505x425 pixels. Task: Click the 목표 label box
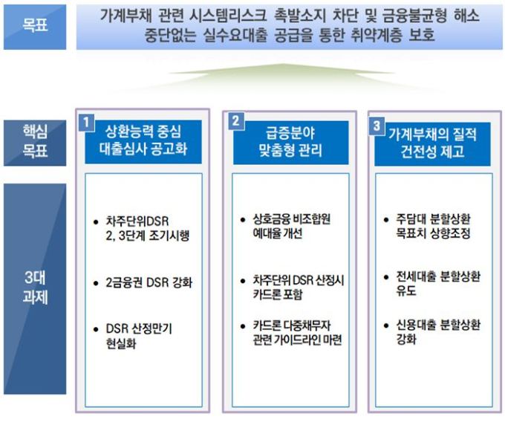pos(35,27)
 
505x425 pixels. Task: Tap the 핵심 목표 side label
pos(35,143)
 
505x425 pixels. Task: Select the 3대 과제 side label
pos(35,289)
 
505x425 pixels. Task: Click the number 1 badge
pos(86,123)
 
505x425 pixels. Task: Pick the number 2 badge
pos(236,121)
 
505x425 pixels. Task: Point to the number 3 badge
pos(377,126)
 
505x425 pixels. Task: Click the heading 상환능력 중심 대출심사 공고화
pos(143,140)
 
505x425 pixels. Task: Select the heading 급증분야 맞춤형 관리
pos(290,142)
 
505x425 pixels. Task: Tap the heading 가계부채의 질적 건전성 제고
pos(432,143)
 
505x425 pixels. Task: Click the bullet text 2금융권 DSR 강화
pos(149,282)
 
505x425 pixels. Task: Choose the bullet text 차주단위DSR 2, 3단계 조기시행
pos(148,228)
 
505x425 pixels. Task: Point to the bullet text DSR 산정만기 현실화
pos(139,336)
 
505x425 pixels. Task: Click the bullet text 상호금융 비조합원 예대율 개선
pos(291,226)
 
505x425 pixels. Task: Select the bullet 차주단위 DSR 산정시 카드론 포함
pos(299,287)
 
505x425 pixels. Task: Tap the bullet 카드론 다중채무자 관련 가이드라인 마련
pos(297,333)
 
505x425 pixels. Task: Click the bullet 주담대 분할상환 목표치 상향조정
pos(433,226)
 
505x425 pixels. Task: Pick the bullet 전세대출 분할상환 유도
pos(438,284)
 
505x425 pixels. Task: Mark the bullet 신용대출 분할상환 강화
pos(438,332)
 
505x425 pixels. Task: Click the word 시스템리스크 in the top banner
pos(228,15)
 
